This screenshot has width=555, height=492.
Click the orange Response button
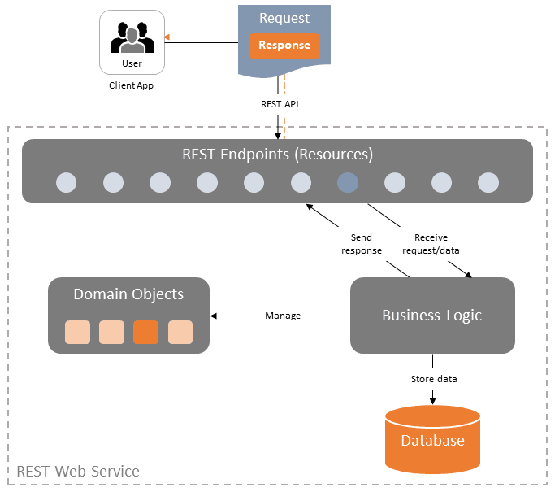[x=284, y=46]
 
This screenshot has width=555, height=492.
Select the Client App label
[x=131, y=85]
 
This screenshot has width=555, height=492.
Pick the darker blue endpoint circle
[x=348, y=183]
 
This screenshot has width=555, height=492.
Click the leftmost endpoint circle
[x=66, y=183]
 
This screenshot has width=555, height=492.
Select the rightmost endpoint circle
[x=488, y=183]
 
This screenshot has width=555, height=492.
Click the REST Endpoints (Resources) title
[x=277, y=154]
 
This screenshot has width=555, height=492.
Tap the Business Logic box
[x=431, y=316]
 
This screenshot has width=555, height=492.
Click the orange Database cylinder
[x=432, y=440]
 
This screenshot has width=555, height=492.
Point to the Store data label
[x=433, y=379]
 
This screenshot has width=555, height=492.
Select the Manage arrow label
[x=283, y=316]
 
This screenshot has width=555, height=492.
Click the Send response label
[x=361, y=244]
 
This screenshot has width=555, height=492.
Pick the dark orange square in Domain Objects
[x=145, y=332]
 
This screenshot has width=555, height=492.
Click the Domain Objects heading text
[x=128, y=294]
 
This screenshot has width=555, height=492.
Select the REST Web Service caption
[x=78, y=471]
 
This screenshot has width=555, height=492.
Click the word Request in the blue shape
[x=284, y=18]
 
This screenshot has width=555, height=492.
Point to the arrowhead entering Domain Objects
[x=214, y=316]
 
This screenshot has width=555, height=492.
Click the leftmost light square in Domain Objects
[x=77, y=332]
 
